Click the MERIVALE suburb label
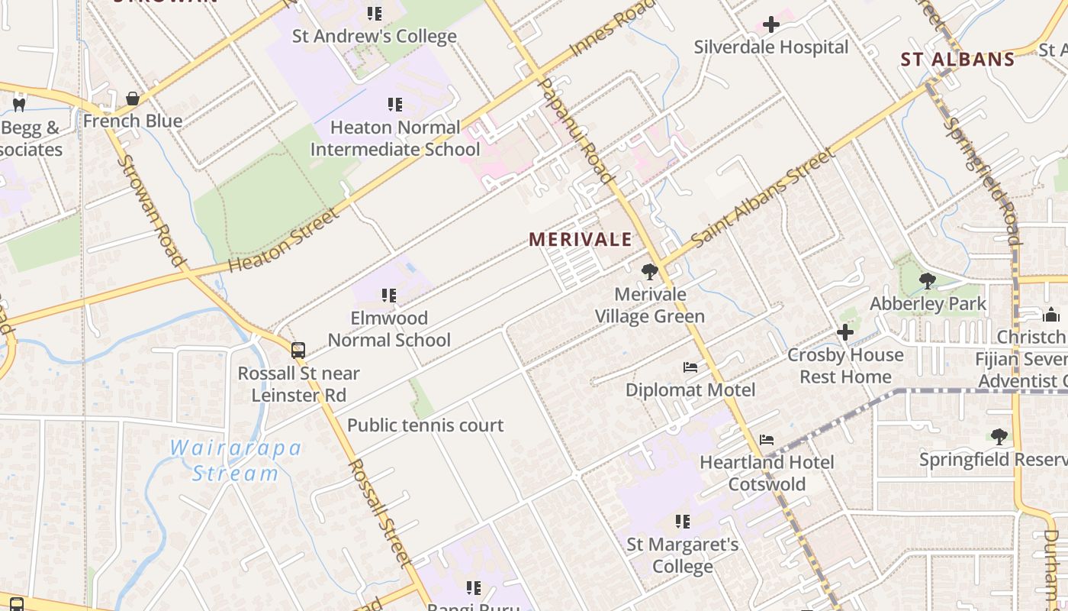pyautogui.click(x=581, y=239)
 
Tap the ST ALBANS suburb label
pyautogui.click(x=957, y=59)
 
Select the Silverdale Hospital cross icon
pyautogui.click(x=771, y=24)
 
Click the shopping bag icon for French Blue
pyautogui.click(x=133, y=99)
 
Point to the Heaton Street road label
pyautogui.click(x=283, y=241)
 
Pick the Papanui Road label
pyautogui.click(x=576, y=130)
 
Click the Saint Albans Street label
pyautogui.click(x=763, y=199)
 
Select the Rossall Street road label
pyautogui.click(x=379, y=513)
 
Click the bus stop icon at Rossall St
pyautogui.click(x=298, y=351)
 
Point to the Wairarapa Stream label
pyautogui.click(x=235, y=461)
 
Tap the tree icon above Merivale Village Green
pyautogui.click(x=649, y=271)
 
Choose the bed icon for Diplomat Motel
pyautogui.click(x=690, y=367)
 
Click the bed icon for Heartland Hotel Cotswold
pyautogui.click(x=767, y=440)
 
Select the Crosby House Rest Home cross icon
pyautogui.click(x=844, y=332)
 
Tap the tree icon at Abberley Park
pyautogui.click(x=928, y=280)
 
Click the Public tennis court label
pyautogui.click(x=425, y=425)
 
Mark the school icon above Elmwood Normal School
pyautogui.click(x=389, y=295)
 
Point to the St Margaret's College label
pyautogui.click(x=682, y=555)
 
